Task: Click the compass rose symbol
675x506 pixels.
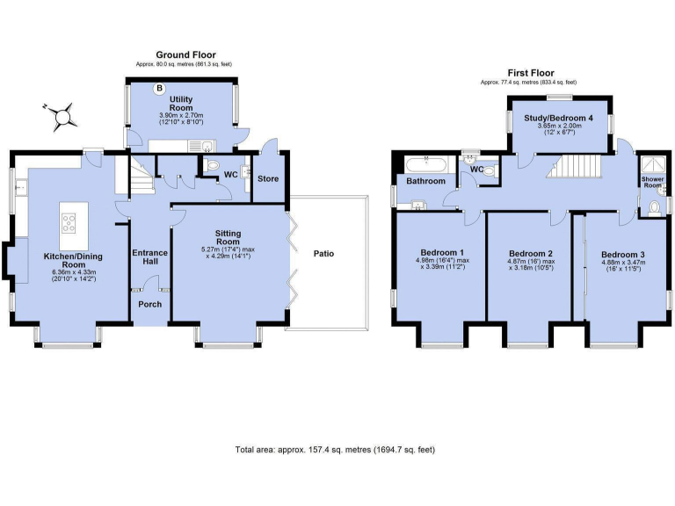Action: click(x=62, y=112)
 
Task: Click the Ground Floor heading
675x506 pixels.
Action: click(x=185, y=54)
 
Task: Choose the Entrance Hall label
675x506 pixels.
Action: click(x=149, y=258)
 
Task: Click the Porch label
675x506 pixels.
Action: click(x=149, y=305)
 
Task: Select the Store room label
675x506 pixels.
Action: click(x=267, y=178)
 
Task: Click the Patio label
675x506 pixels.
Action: click(x=323, y=254)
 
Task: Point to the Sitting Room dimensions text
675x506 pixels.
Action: click(x=228, y=252)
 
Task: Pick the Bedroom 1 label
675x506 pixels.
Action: click(x=437, y=249)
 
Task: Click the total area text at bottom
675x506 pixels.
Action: click(x=335, y=450)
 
